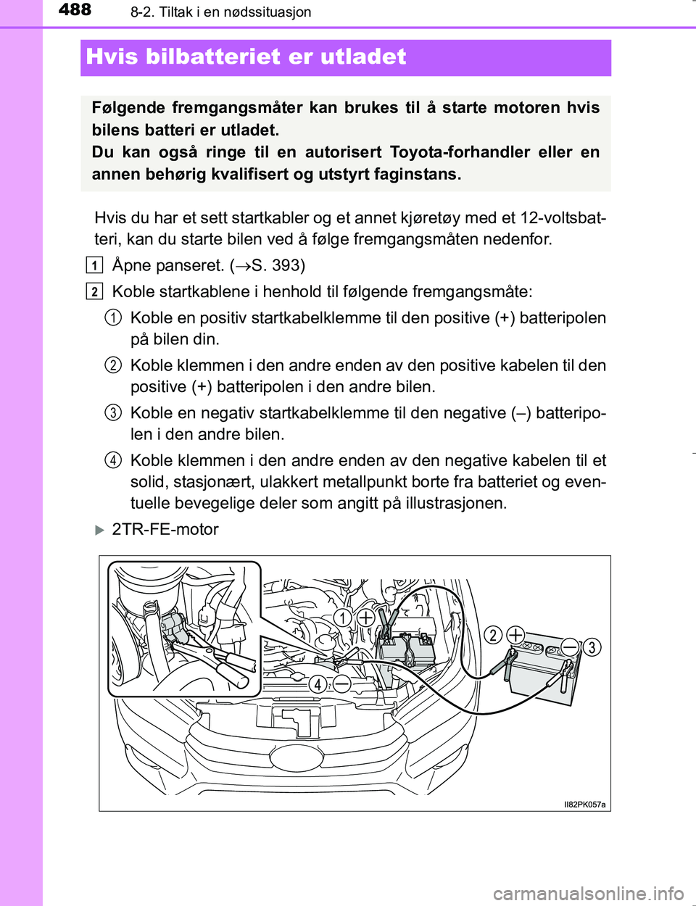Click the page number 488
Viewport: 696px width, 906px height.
(75, 10)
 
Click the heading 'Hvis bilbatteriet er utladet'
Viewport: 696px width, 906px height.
(246, 57)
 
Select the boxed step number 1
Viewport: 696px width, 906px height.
(94, 265)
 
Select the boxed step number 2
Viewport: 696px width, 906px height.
(94, 291)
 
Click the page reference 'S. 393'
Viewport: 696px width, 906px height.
(277, 265)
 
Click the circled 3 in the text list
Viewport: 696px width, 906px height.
(112, 413)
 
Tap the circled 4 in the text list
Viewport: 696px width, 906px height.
(112, 460)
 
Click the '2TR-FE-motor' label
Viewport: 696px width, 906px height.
(165, 530)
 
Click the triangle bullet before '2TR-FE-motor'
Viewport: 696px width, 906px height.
(100, 530)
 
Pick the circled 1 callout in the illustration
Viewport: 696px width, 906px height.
(343, 618)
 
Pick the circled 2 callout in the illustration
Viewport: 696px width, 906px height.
(493, 635)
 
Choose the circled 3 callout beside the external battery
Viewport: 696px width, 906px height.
(592, 647)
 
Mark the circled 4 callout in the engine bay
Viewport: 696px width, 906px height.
(318, 683)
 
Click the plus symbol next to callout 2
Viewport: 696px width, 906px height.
(515, 635)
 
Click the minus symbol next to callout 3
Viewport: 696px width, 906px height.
(570, 646)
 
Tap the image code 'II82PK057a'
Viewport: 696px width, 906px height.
(584, 805)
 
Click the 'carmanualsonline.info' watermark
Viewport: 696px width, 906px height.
(588, 892)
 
